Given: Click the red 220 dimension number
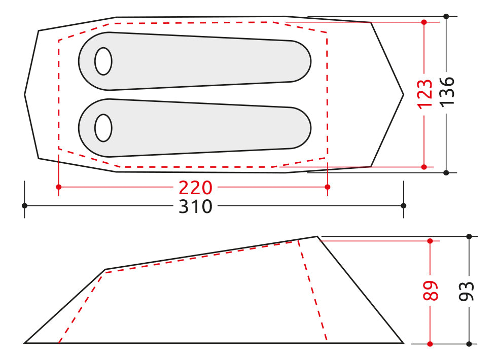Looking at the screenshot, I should [195, 188].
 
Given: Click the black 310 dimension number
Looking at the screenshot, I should [195, 206].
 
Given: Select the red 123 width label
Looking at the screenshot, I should [424, 93].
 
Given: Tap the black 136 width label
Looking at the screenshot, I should [447, 91].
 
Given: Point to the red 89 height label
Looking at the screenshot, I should [431, 291].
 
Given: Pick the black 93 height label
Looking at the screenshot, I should [469, 291].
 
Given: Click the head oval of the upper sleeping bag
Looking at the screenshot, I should [103, 61].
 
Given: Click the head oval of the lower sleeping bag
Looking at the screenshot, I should [103, 128].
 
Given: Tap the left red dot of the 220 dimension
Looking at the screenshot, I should [59, 187].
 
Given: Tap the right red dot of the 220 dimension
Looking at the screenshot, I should [328, 187].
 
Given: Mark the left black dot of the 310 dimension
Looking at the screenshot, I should [24, 205].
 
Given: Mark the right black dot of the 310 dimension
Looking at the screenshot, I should [404, 205].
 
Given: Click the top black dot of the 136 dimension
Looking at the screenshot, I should [446, 16].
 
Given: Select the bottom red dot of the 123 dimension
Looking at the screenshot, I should [424, 166].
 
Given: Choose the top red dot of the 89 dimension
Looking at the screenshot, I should [430, 241].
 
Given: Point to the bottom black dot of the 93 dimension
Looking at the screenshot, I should [469, 343].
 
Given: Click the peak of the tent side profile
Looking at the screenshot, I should [317, 236].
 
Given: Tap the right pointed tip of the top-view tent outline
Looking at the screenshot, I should [403, 94].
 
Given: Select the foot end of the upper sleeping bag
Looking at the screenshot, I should [302, 61].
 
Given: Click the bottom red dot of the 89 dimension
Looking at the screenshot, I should [430, 343].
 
